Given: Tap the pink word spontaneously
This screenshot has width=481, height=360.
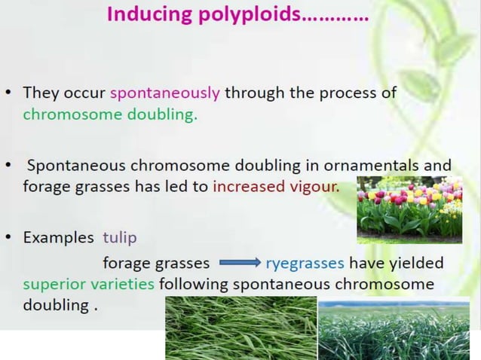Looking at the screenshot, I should coord(165,93).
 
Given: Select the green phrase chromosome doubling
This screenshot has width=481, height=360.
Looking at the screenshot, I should coord(110,115).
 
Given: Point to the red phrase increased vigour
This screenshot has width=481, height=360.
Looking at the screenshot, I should coord(276,186).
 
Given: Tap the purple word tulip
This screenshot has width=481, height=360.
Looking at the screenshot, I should coord(121,237).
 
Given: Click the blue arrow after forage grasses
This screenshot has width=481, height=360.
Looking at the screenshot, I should coord(239,264).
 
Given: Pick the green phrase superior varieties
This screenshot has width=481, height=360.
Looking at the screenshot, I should coord(89,284).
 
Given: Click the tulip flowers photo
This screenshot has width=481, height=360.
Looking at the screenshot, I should coord(409,209).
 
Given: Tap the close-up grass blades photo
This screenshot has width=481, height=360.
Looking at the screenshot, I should coord(240,328).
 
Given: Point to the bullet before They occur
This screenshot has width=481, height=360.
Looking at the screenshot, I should coord(11,94).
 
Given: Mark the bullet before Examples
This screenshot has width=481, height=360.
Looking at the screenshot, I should coord(11,237).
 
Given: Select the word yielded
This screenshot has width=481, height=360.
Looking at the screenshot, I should coord(416,263).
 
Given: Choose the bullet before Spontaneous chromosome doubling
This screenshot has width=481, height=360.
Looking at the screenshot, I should coord(11,165).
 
